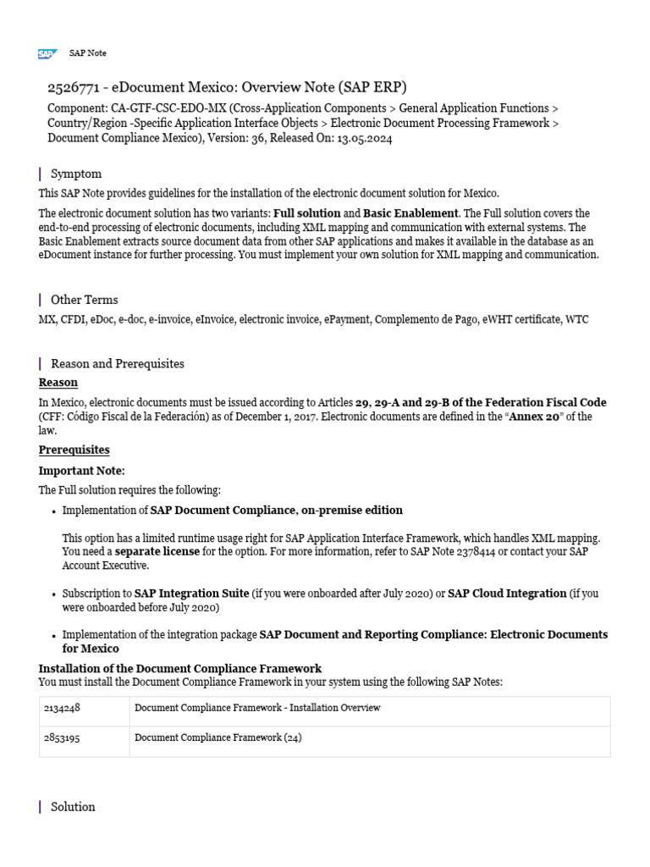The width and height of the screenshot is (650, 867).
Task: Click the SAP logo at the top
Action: [47, 53]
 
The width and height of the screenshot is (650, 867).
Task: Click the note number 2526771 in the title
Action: [74, 88]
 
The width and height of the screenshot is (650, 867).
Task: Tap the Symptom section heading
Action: [76, 174]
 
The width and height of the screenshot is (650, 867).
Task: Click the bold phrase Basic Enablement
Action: [410, 213]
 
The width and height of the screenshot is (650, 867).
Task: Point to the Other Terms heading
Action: [84, 300]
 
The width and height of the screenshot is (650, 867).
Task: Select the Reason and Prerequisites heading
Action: [117, 363]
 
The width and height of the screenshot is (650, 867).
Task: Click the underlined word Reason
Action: [58, 383]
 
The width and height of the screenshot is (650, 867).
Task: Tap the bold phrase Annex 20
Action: [533, 417]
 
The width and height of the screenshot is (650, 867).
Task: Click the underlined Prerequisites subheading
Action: [74, 450]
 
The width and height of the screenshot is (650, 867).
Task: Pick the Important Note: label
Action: [81, 471]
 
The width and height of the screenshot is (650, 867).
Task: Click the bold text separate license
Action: [157, 551]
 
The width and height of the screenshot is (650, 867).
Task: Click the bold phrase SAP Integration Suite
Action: [191, 593]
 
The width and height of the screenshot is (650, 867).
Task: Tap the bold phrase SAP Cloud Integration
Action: [506, 593]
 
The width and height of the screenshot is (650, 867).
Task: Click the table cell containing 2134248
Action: [83, 708]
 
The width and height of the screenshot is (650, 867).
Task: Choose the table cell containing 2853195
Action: [83, 738]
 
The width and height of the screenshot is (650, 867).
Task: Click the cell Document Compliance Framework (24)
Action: [218, 738]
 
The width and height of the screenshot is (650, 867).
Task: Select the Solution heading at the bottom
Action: [73, 807]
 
